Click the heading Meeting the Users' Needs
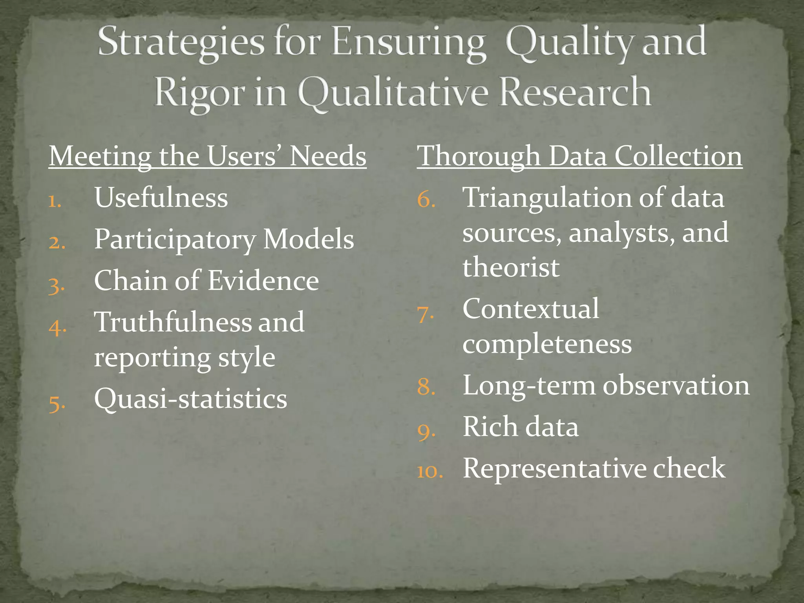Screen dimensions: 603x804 click(207, 156)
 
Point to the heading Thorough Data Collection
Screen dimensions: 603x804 click(579, 156)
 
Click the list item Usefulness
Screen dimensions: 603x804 click(161, 197)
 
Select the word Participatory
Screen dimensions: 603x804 click(175, 239)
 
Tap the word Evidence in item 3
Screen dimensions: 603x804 click(263, 281)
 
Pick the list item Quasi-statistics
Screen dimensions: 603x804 click(191, 399)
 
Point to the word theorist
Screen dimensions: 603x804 click(511, 267)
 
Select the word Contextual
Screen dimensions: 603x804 click(531, 309)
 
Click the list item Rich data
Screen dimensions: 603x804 click(521, 427)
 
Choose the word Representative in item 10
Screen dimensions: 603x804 click(554, 468)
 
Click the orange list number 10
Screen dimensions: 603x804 click(429, 471)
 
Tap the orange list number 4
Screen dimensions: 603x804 click(57, 327)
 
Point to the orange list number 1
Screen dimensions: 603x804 click(55, 201)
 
